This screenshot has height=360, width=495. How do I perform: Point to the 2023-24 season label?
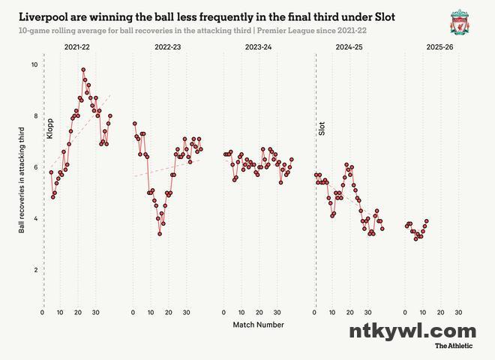click(259, 47)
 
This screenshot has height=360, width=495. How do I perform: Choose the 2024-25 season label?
click(349, 47)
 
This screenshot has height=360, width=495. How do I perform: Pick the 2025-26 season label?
click(439, 47)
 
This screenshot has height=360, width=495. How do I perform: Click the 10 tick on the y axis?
click(33, 64)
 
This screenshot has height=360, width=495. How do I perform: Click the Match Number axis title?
click(258, 325)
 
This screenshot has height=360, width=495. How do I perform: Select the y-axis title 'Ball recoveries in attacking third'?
click(22, 181)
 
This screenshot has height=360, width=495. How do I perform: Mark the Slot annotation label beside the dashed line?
click(322, 128)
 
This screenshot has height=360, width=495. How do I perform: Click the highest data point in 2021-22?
click(83, 70)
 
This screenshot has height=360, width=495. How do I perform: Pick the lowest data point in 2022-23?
click(160, 234)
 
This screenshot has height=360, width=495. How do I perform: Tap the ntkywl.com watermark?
click(412, 331)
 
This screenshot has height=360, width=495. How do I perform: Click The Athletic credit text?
click(454, 346)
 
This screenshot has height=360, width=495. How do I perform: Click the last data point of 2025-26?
click(426, 221)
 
